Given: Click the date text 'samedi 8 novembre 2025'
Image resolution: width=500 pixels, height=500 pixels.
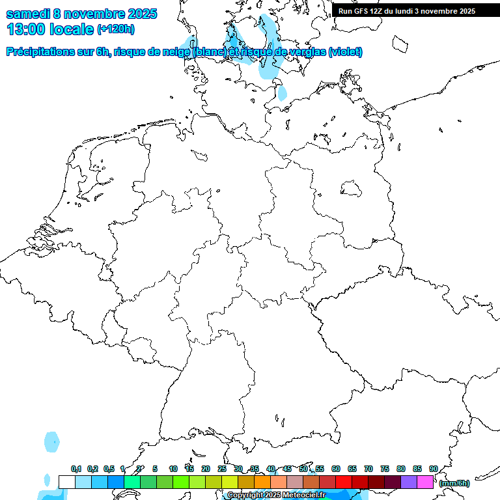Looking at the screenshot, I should [x=81, y=13].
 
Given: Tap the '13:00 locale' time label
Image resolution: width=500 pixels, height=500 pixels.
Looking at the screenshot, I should [x=49, y=29].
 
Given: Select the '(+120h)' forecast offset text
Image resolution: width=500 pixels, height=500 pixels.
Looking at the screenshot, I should [x=116, y=29].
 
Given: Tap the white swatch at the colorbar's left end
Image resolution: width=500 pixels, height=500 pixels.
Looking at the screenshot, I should [x=66, y=482].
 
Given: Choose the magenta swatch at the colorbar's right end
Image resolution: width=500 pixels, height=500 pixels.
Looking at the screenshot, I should [x=425, y=482].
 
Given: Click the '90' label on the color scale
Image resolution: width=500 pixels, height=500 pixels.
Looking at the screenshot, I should [x=434, y=469].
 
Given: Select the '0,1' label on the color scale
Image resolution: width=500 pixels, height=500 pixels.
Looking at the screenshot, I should [x=76, y=469].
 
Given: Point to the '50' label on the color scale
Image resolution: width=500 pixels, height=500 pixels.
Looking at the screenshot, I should [x=303, y=469].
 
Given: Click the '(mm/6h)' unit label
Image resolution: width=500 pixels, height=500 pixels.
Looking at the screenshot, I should [x=454, y=483].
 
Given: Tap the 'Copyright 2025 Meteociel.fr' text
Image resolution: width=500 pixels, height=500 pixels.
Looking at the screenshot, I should [x=276, y=495].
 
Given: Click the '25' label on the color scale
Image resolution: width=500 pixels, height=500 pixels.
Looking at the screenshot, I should [x=222, y=469].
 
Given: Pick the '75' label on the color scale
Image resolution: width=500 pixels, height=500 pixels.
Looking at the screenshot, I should [x=385, y=469].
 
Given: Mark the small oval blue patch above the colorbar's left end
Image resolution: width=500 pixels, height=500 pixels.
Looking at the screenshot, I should [x=51, y=441].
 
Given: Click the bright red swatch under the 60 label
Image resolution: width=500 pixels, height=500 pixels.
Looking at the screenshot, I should [x=344, y=482].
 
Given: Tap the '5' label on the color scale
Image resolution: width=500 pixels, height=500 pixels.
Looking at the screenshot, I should [x=155, y=469].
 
